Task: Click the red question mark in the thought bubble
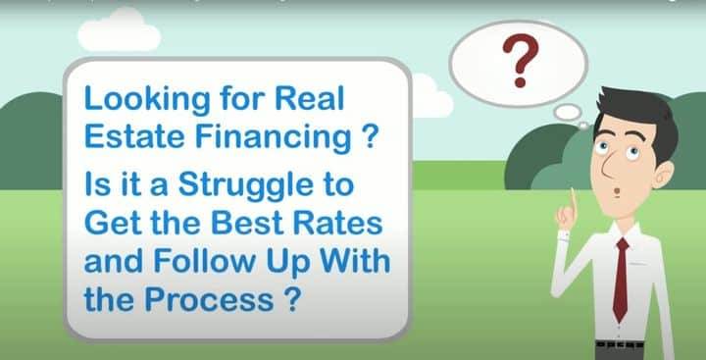520,59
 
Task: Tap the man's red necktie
622,280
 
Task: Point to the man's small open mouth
617,192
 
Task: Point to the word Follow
205,260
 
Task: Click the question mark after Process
291,298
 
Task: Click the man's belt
620,345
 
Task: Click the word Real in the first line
309,99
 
